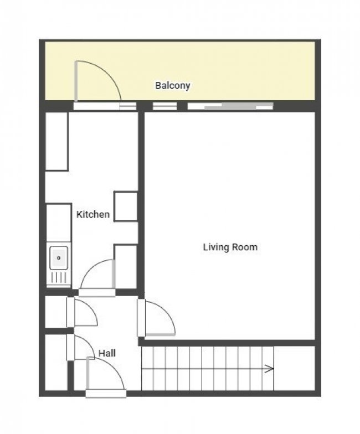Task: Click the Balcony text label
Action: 172,85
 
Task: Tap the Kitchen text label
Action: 92,214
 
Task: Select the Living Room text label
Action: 230,247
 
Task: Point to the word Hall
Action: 107,352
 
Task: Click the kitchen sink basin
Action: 59,257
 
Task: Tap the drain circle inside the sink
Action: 59,257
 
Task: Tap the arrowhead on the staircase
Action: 270,369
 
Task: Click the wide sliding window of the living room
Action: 230,106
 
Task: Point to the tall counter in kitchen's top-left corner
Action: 56,141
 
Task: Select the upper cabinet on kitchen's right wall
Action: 126,206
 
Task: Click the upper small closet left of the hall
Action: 55,312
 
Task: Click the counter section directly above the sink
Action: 59,224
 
